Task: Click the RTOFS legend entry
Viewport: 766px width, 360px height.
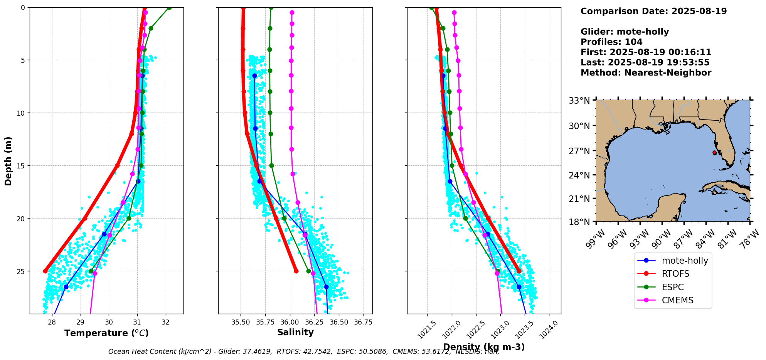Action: [x=675, y=274]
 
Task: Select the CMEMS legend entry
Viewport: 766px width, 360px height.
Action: [x=677, y=300]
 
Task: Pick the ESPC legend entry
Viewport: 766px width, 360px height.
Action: [x=673, y=287]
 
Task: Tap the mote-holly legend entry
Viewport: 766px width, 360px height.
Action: [x=685, y=261]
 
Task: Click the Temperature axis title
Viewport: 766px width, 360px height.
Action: [x=106, y=333]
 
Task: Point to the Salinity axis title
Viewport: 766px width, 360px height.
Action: [x=295, y=332]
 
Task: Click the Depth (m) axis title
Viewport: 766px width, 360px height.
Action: [x=8, y=161]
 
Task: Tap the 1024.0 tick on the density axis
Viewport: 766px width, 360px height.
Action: [x=549, y=330]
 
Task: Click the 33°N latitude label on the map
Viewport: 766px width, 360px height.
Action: [x=579, y=101]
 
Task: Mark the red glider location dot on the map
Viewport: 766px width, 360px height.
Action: [x=714, y=153]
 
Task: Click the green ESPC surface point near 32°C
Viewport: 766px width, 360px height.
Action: [x=169, y=7]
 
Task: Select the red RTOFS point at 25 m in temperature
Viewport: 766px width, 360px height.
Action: [x=45, y=271]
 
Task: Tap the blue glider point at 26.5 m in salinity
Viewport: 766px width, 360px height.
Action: [x=326, y=287]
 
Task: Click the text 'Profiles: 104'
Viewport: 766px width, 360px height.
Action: [x=611, y=42]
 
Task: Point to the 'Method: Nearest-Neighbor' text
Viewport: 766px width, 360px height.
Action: [x=646, y=72]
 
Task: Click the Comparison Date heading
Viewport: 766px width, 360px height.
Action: [x=653, y=11]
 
